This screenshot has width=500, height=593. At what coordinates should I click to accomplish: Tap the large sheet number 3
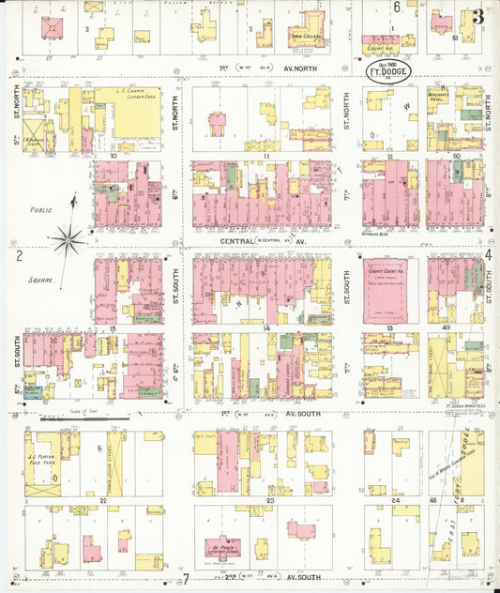click(x=479, y=16)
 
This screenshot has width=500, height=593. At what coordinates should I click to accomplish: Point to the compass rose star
click(x=68, y=240)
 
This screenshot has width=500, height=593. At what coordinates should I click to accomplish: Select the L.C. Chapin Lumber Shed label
click(x=129, y=95)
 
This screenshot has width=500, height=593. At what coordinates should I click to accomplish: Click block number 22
click(x=102, y=503)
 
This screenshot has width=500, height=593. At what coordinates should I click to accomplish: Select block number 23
click(x=269, y=503)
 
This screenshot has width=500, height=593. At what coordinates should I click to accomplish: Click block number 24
click(x=395, y=503)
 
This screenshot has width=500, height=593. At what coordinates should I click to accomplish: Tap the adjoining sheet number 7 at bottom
click(x=187, y=579)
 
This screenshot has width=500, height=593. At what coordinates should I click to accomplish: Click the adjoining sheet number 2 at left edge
click(x=18, y=254)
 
